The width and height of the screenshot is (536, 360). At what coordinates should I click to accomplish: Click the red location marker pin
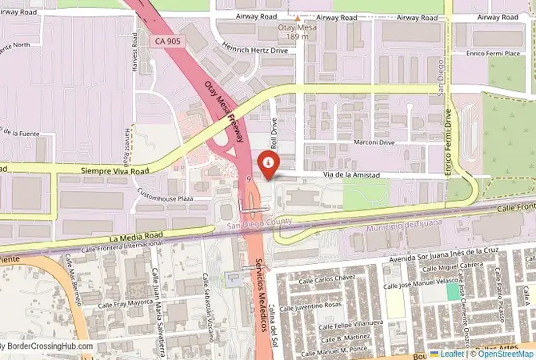coord(269,162)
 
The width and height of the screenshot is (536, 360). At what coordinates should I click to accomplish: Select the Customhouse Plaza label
coord(165,197)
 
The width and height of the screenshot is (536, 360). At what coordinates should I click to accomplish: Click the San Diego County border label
coord(258,226)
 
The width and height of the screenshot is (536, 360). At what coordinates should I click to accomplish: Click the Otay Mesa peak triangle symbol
coord(298,18)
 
